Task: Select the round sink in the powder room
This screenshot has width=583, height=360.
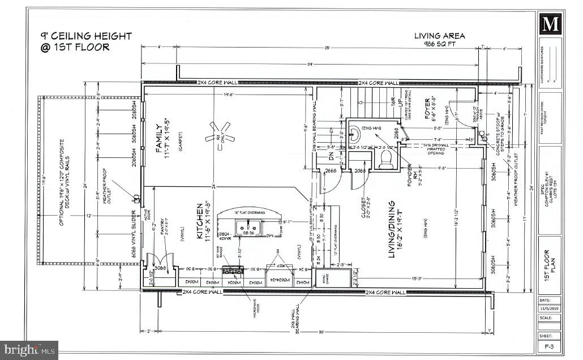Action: click(x=354, y=134)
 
